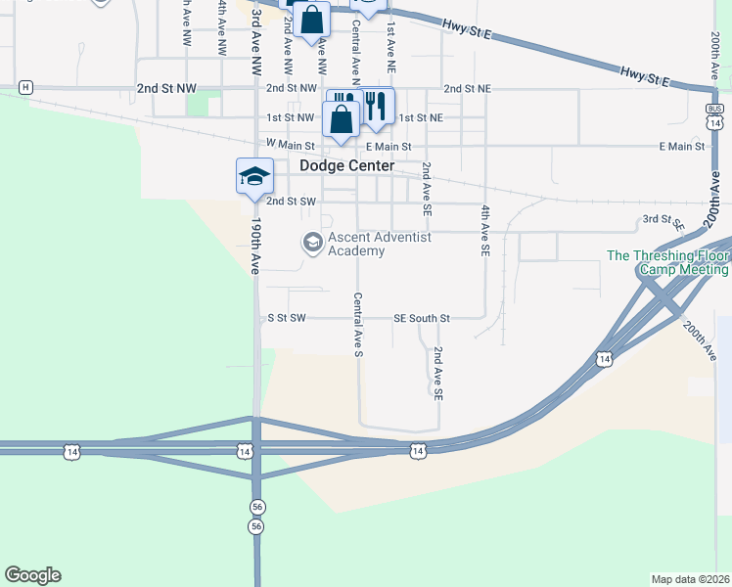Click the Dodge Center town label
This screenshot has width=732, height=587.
coord(346,165)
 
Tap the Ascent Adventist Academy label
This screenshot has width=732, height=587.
coord(379,244)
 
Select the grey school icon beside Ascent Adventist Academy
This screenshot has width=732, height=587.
coord(313,242)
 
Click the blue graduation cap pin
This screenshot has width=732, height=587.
coord(253,176)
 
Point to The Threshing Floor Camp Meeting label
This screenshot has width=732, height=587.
coord(668,263)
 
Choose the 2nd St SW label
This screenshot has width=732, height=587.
coord(291,202)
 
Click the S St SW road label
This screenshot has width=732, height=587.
coord(287,318)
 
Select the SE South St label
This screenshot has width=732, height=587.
coord(422,318)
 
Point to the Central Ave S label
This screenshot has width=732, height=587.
coord(358,324)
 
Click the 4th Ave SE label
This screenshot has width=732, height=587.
coord(484,231)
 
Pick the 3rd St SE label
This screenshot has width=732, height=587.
coord(663,222)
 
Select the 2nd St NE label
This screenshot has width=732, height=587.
coord(466,88)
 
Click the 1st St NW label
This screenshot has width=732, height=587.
coord(291,117)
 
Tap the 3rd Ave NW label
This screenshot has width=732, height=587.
coord(256,39)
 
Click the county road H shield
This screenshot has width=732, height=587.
coord(25,87)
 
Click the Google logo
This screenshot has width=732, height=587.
coord(32,575)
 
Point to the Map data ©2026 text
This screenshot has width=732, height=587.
coord(690,579)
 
